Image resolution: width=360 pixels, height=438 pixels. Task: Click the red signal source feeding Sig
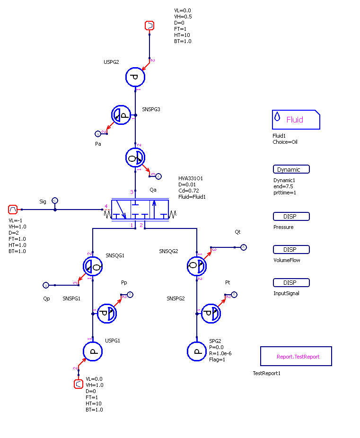click(13, 209)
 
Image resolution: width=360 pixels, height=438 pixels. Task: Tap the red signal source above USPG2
click(149, 26)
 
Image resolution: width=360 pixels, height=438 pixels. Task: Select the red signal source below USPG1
click(79, 384)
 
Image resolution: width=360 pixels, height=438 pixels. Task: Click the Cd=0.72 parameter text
click(189, 191)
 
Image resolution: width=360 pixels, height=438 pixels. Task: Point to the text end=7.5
click(283, 186)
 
